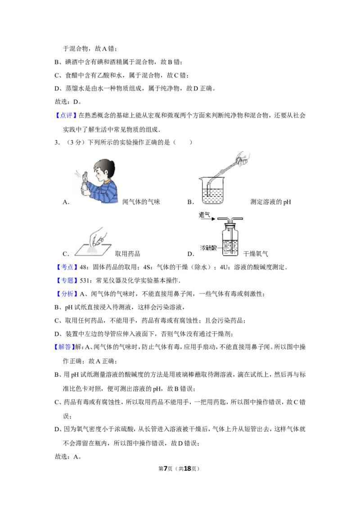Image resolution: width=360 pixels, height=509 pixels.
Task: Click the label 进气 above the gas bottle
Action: tap(205, 215)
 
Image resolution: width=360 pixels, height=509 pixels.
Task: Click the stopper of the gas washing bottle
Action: tap(230, 225)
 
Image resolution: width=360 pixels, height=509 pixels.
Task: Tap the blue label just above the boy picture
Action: tap(66, 116)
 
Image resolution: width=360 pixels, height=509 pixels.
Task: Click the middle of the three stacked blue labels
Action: tap(67, 281)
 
